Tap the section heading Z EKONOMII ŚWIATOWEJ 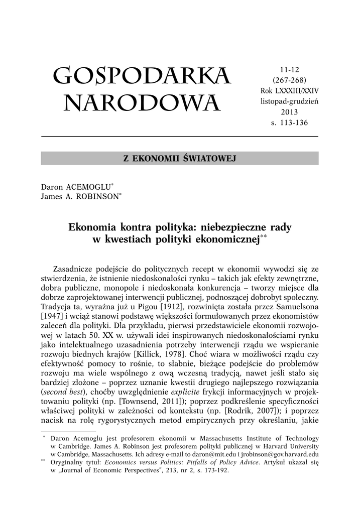click(x=179, y=159)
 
